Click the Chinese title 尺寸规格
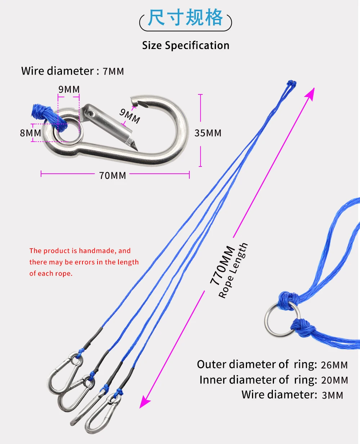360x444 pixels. pyautogui.click(x=185, y=18)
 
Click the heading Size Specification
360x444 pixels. pyautogui.click(x=185, y=46)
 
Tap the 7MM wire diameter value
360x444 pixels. pyautogui.click(x=113, y=71)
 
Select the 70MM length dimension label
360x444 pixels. pyautogui.click(x=113, y=176)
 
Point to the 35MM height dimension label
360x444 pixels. pyautogui.click(x=208, y=133)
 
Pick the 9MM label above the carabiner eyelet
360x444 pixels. pyautogui.click(x=69, y=89)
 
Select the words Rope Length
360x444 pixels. pyautogui.click(x=233, y=270)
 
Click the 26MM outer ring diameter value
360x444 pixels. pyautogui.click(x=334, y=365)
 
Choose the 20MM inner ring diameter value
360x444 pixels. pyautogui.click(x=334, y=380)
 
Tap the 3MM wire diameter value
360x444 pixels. pyautogui.click(x=333, y=395)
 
